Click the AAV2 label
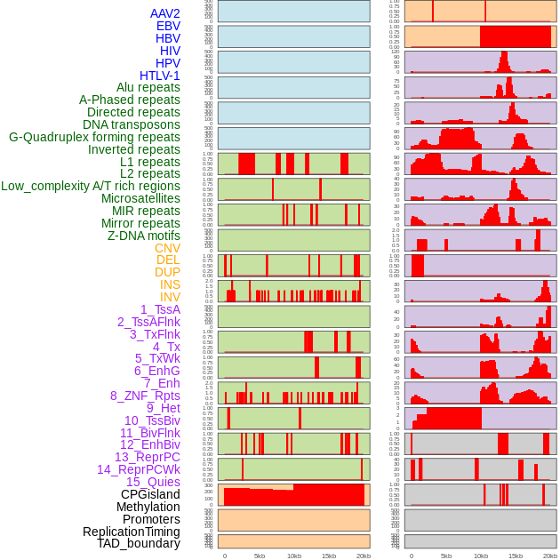coord(164,13)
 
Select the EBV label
coord(168,26)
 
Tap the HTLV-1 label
coord(159,76)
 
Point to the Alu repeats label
coord(148,87)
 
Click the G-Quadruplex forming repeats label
coord(94,137)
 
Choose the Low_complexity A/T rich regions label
coord(91,186)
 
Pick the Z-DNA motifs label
coord(144,236)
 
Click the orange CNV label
coord(167,248)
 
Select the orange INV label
coord(170,297)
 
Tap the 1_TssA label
coord(160,309)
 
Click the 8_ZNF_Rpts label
coord(145,396)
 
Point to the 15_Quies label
coord(153,482)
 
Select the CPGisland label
coord(150,494)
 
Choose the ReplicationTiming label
coord(131,532)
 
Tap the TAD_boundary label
coord(138,543)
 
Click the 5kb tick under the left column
coord(260,556)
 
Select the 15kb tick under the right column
coord(516,556)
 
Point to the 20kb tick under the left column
coord(363,556)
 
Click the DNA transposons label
coord(132,124)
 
